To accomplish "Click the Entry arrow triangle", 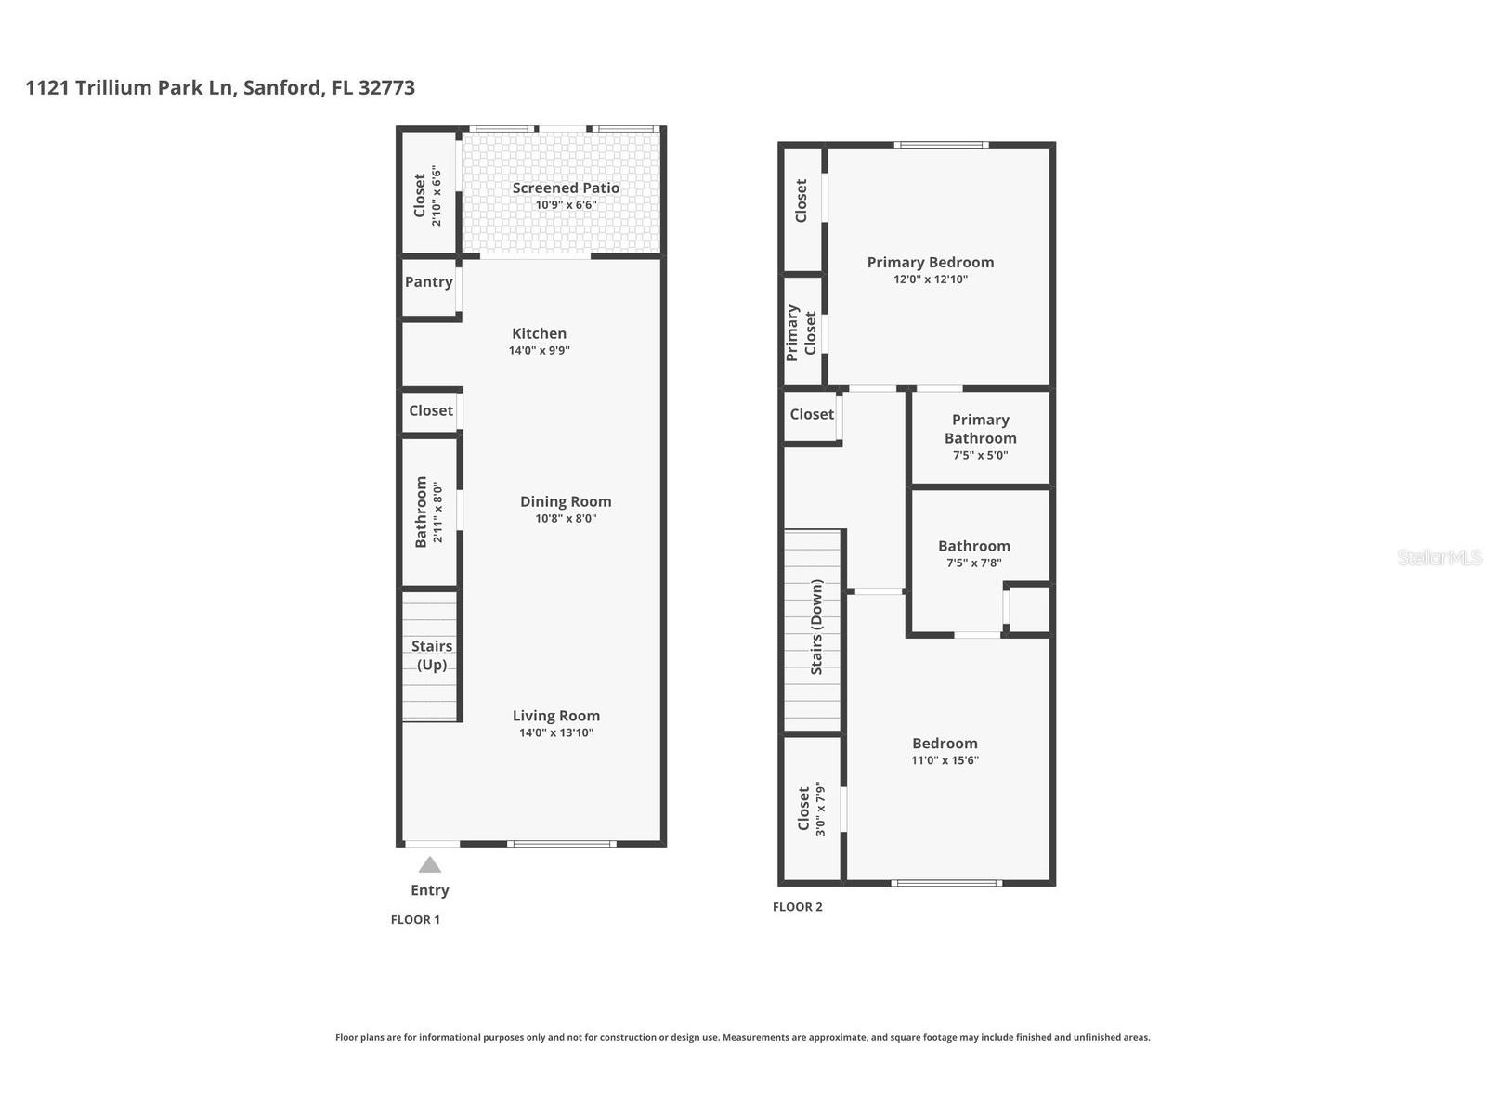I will pos(429,865).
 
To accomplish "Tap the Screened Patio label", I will pos(566,188).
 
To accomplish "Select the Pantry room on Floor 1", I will pos(429,282).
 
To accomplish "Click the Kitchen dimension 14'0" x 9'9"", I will pos(539,351).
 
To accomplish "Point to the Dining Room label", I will pos(566,501).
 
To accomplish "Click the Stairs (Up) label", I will pos(432,655).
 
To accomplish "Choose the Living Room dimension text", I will pos(555,733).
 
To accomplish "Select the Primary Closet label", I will pos(802,332).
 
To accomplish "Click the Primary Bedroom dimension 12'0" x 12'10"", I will pos(931,279).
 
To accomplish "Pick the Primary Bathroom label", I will pos(980,429).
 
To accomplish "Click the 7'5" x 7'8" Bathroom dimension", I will pos(973,563).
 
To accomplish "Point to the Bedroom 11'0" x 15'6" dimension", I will pos(945,760).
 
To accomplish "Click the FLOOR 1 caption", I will pos(415,919).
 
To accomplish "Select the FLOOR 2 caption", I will pos(797,907).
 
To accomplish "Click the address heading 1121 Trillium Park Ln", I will pos(220,88).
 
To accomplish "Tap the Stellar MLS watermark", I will pos(1439,557).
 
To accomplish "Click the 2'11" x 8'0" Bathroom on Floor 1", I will pos(428,512).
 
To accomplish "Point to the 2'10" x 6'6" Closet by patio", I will pos(427,196).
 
